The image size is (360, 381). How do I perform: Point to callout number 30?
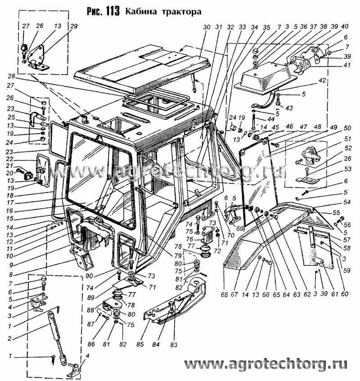207,27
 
